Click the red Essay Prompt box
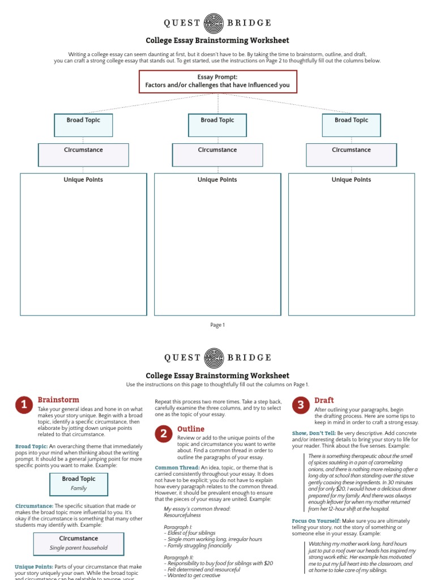click(x=217, y=82)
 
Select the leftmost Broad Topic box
click(x=83, y=125)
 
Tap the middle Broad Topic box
click(x=217, y=125)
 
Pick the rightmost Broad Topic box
click(x=351, y=125)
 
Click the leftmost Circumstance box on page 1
click(x=83, y=155)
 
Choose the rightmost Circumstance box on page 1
click(x=351, y=155)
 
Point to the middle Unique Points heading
click(x=217, y=180)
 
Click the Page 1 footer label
click(x=217, y=325)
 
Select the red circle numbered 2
click(x=164, y=434)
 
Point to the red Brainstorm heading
click(x=58, y=400)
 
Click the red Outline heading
click(x=191, y=429)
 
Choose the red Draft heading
click(x=324, y=400)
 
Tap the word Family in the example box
click(x=79, y=488)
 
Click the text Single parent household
click(x=79, y=548)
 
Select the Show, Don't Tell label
click(x=313, y=434)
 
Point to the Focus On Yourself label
click(x=316, y=521)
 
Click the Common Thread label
click(x=177, y=467)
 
